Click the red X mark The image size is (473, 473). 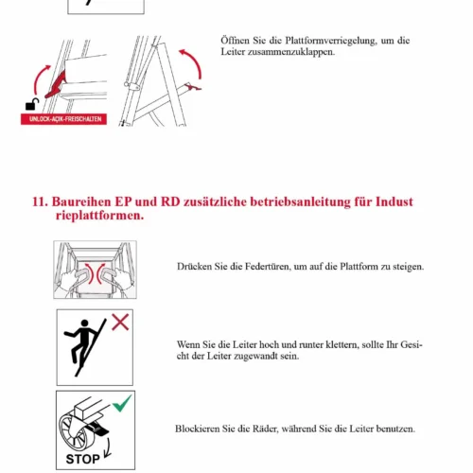[x=120, y=322]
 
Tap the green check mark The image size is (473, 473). [x=122, y=403]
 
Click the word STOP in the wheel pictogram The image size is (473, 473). [x=82, y=459]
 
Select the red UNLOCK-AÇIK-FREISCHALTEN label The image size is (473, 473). [x=63, y=119]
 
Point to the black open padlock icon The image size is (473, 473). [x=32, y=104]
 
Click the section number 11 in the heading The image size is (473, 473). [x=40, y=201]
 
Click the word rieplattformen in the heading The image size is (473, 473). [x=99, y=216]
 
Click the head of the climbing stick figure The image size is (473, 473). [x=84, y=324]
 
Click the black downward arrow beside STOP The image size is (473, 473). [x=108, y=447]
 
